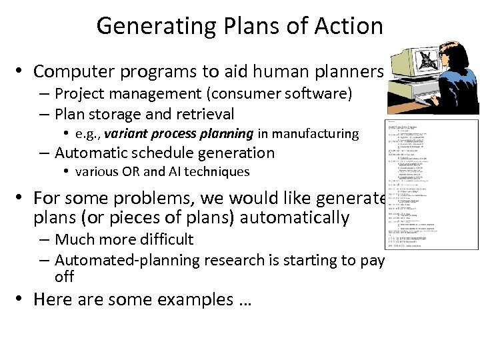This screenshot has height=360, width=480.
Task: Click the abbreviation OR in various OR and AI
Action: (x=131, y=171)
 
